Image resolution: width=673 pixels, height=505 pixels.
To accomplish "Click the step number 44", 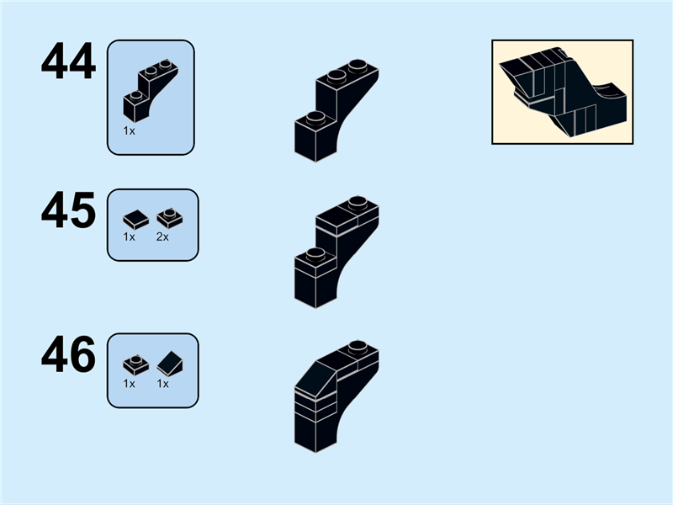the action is point(68,61).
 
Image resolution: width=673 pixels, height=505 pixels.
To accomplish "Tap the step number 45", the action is point(68,210).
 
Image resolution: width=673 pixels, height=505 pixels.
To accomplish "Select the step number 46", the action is point(68,354).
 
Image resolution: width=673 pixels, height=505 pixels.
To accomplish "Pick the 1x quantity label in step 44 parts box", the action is point(129,131).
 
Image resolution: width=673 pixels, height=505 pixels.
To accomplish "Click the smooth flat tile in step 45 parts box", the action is point(135,220).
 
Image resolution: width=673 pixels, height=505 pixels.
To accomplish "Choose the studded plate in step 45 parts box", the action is point(170,218).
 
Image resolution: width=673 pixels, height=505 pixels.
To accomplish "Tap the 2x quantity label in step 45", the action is point(162,237).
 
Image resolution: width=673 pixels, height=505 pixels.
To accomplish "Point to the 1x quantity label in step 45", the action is point(129,237).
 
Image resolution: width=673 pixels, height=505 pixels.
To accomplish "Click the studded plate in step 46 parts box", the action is point(135,365).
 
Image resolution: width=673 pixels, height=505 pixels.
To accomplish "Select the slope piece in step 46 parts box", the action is point(170,364).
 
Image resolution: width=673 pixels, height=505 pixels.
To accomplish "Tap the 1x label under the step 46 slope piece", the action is point(162,384).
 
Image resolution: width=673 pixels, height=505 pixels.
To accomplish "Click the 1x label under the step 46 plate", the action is point(129,384).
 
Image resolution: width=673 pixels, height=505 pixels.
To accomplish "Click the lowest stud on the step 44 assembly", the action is point(315,117).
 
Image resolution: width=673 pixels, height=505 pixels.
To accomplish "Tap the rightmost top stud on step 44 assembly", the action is point(358,66).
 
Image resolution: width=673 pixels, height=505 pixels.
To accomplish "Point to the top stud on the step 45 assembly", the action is point(358,202).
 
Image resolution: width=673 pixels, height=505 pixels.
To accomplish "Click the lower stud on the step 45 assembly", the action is point(315,254).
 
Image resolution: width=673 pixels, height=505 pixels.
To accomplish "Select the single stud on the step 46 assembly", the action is point(358,346).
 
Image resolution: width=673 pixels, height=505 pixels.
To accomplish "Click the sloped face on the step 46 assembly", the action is point(316,379).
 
